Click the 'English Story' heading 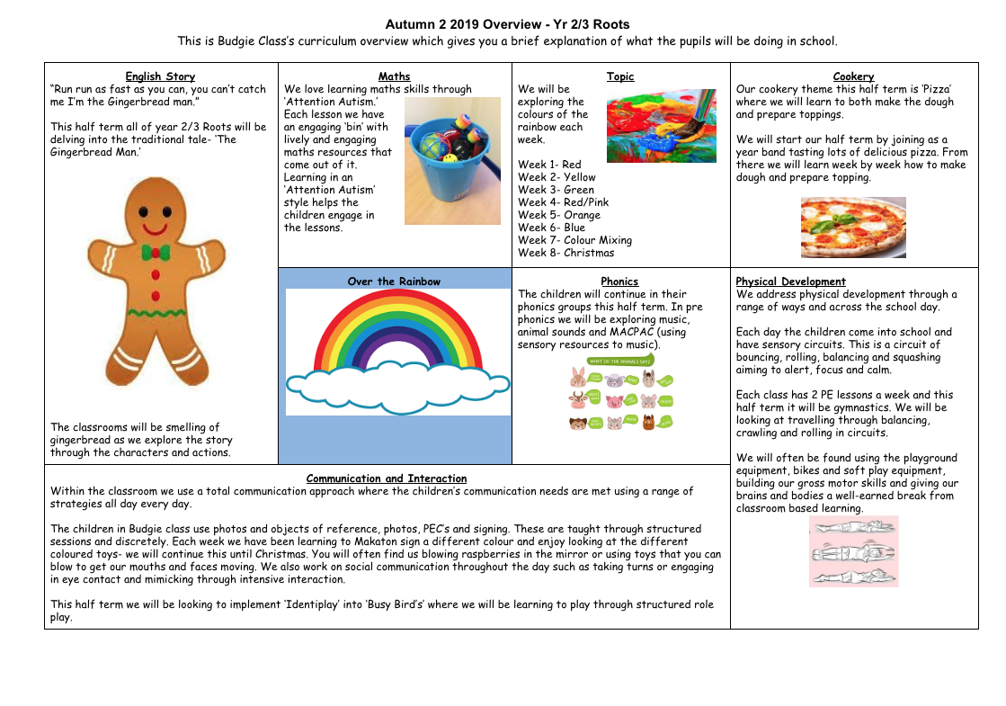click(x=160, y=76)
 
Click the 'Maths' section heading click(x=394, y=76)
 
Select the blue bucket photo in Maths click(x=452, y=161)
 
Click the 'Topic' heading click(x=620, y=76)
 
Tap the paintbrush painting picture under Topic click(x=662, y=125)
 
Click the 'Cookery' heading click(x=853, y=76)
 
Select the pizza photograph click(x=853, y=228)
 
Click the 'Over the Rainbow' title click(x=394, y=282)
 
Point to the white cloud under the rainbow click(x=398, y=384)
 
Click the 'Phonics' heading click(x=620, y=282)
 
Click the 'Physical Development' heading click(x=790, y=282)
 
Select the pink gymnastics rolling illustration click(x=853, y=551)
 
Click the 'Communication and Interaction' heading click(x=387, y=478)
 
